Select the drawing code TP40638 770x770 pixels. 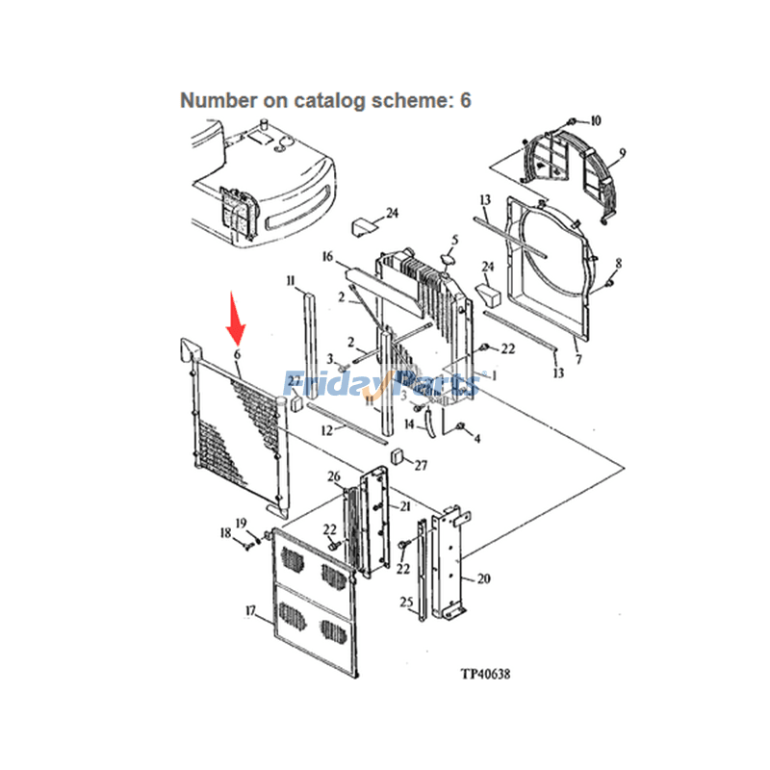click(485, 674)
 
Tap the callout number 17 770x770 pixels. click(251, 609)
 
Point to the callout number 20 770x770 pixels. click(483, 578)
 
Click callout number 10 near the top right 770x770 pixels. click(595, 121)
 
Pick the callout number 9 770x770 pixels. click(622, 153)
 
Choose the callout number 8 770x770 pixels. click(618, 263)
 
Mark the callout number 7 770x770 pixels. click(577, 360)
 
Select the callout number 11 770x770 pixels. click(290, 280)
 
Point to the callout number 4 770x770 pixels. click(476, 438)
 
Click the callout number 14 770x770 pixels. click(409, 423)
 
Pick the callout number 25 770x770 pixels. click(406, 603)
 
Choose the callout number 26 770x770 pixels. click(334, 477)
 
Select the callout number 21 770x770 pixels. click(405, 507)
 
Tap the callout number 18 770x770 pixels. click(225, 532)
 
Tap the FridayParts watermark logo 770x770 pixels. click(381, 385)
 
